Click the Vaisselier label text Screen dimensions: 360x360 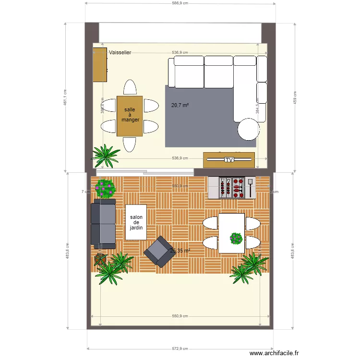pos(120,52)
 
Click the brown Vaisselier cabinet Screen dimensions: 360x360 pos(100,65)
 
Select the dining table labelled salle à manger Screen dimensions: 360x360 pos(130,116)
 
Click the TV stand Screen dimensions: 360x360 pos(228,159)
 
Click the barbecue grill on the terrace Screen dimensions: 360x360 pos(233,188)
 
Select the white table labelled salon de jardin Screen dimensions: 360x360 pos(136,222)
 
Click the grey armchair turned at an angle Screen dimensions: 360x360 pos(158,252)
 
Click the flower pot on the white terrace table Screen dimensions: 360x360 pos(236,238)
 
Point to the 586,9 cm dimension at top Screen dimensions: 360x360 pos(180,3)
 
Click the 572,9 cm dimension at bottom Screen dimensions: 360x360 pos(180,349)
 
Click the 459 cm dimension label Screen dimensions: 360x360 pos(295,98)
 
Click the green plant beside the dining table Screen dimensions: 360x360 pos(105,155)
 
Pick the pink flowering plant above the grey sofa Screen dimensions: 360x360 pos(105,188)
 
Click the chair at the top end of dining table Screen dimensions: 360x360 pos(130,87)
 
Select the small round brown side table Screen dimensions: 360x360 pos(100,259)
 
